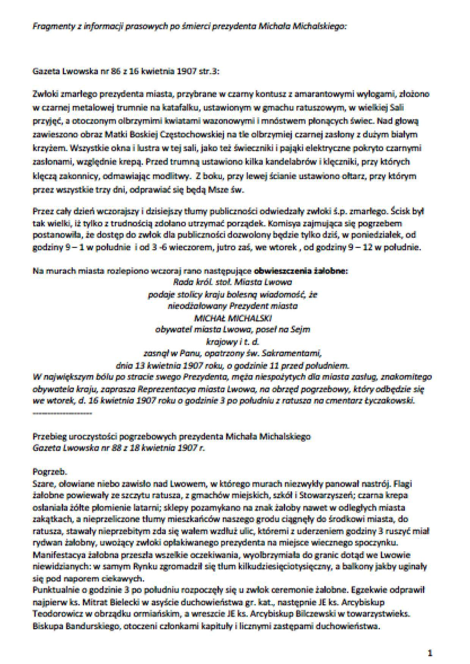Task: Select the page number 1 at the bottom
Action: click(x=429, y=653)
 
